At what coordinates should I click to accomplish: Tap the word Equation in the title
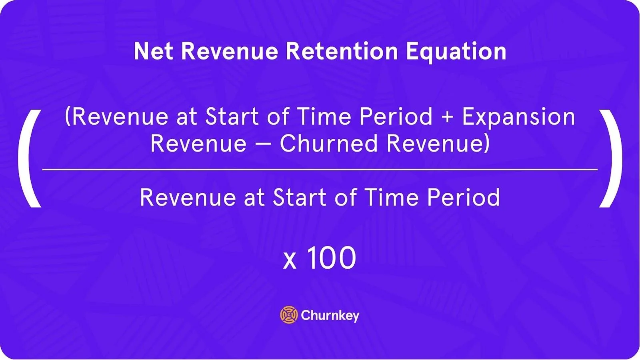click(456, 52)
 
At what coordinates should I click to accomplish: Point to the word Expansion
click(518, 117)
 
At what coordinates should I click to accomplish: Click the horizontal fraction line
click(320, 170)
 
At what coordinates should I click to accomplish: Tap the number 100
click(332, 258)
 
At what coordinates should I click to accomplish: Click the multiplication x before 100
click(290, 262)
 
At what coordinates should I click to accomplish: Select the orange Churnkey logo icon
click(289, 314)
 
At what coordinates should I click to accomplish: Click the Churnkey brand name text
click(330, 316)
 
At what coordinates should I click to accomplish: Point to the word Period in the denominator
click(464, 197)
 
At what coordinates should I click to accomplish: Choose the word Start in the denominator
click(300, 197)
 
